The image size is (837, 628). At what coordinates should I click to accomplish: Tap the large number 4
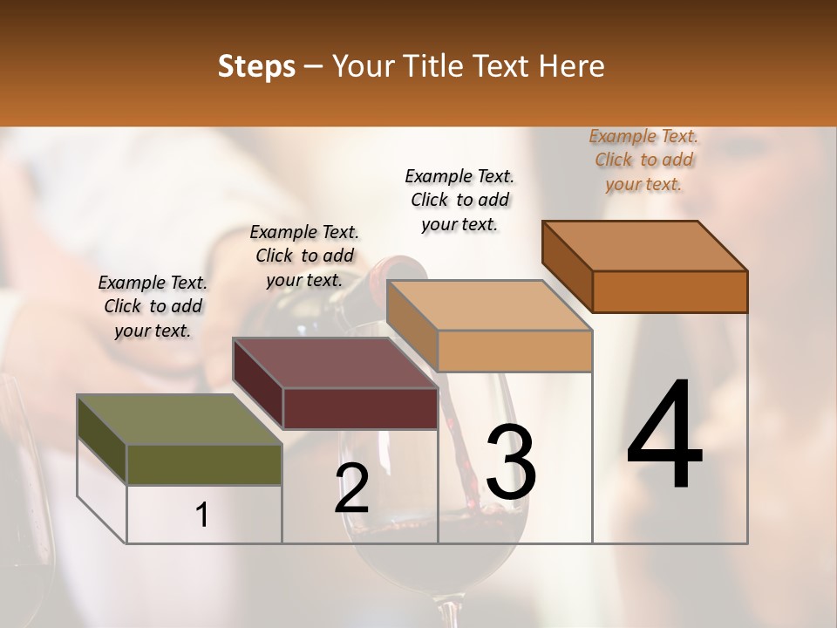click(664, 436)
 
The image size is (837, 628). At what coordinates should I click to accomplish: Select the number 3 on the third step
click(510, 462)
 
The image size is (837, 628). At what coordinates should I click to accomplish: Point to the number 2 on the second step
click(351, 488)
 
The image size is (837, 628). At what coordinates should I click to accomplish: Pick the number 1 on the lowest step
click(202, 515)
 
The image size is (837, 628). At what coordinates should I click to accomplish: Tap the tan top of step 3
click(488, 305)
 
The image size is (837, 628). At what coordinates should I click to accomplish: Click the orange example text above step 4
click(643, 160)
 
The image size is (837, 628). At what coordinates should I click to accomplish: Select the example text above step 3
click(459, 200)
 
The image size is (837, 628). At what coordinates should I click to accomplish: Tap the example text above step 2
click(304, 256)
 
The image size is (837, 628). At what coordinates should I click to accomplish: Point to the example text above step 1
click(153, 306)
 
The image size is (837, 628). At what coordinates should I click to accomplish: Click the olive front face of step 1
click(204, 465)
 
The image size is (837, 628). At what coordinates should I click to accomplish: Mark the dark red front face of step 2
click(360, 409)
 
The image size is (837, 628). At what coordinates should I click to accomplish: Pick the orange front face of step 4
click(670, 291)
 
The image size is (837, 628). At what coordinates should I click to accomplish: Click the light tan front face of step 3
click(514, 352)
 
